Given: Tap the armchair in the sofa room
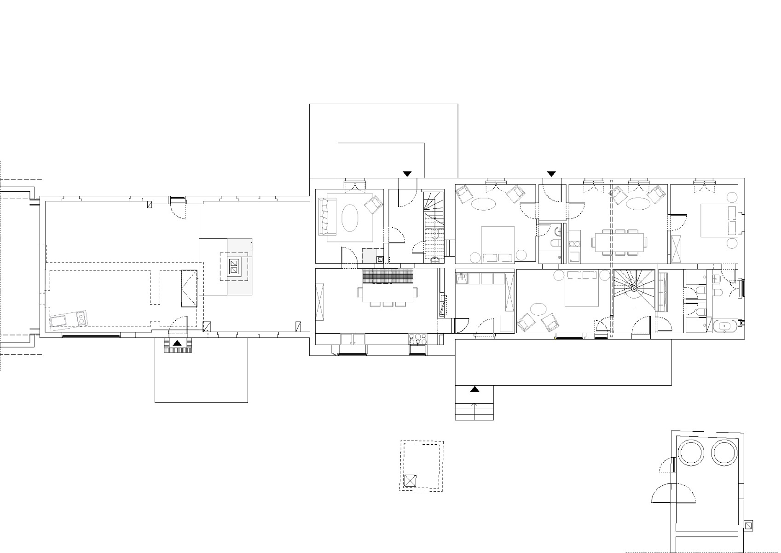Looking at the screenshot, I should coord(374,204).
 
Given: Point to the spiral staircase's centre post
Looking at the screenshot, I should coord(634,288).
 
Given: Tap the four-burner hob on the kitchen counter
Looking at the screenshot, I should coord(417,339).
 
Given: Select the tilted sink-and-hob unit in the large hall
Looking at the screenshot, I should coord(69,319).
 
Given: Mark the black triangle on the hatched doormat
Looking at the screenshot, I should coord(177,343).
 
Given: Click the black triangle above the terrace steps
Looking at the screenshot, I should coord(474,389).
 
